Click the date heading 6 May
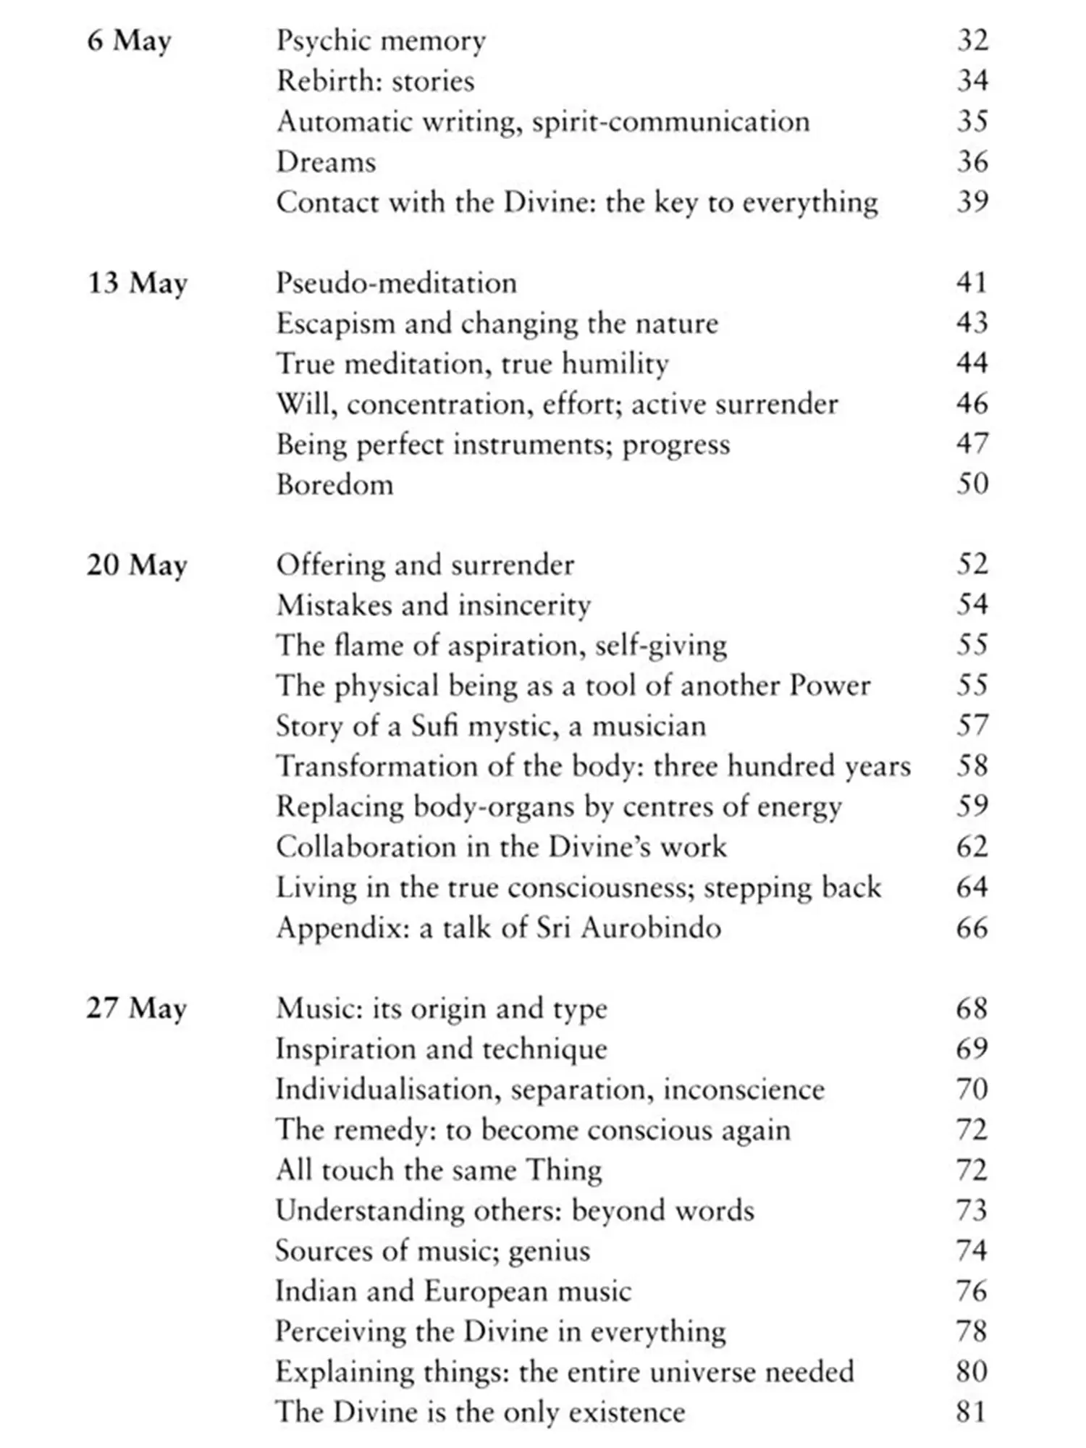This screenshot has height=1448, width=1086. point(129,41)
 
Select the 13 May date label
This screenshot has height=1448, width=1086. point(137,283)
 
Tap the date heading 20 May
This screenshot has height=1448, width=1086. point(137,565)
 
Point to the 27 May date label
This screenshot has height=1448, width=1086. point(137,1009)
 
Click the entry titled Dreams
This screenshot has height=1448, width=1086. point(326,162)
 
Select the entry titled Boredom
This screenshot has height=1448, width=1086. point(334,484)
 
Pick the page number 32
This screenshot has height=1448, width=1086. point(972,41)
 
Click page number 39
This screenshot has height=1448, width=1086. point(972,202)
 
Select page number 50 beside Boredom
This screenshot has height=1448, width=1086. point(972,484)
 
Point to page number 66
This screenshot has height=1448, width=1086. point(972,928)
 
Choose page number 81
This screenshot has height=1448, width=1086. point(972,1413)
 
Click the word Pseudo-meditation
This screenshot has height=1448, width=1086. point(396,283)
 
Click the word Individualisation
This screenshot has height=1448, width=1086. point(388,1090)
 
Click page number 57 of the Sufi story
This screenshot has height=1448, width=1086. point(972,726)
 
